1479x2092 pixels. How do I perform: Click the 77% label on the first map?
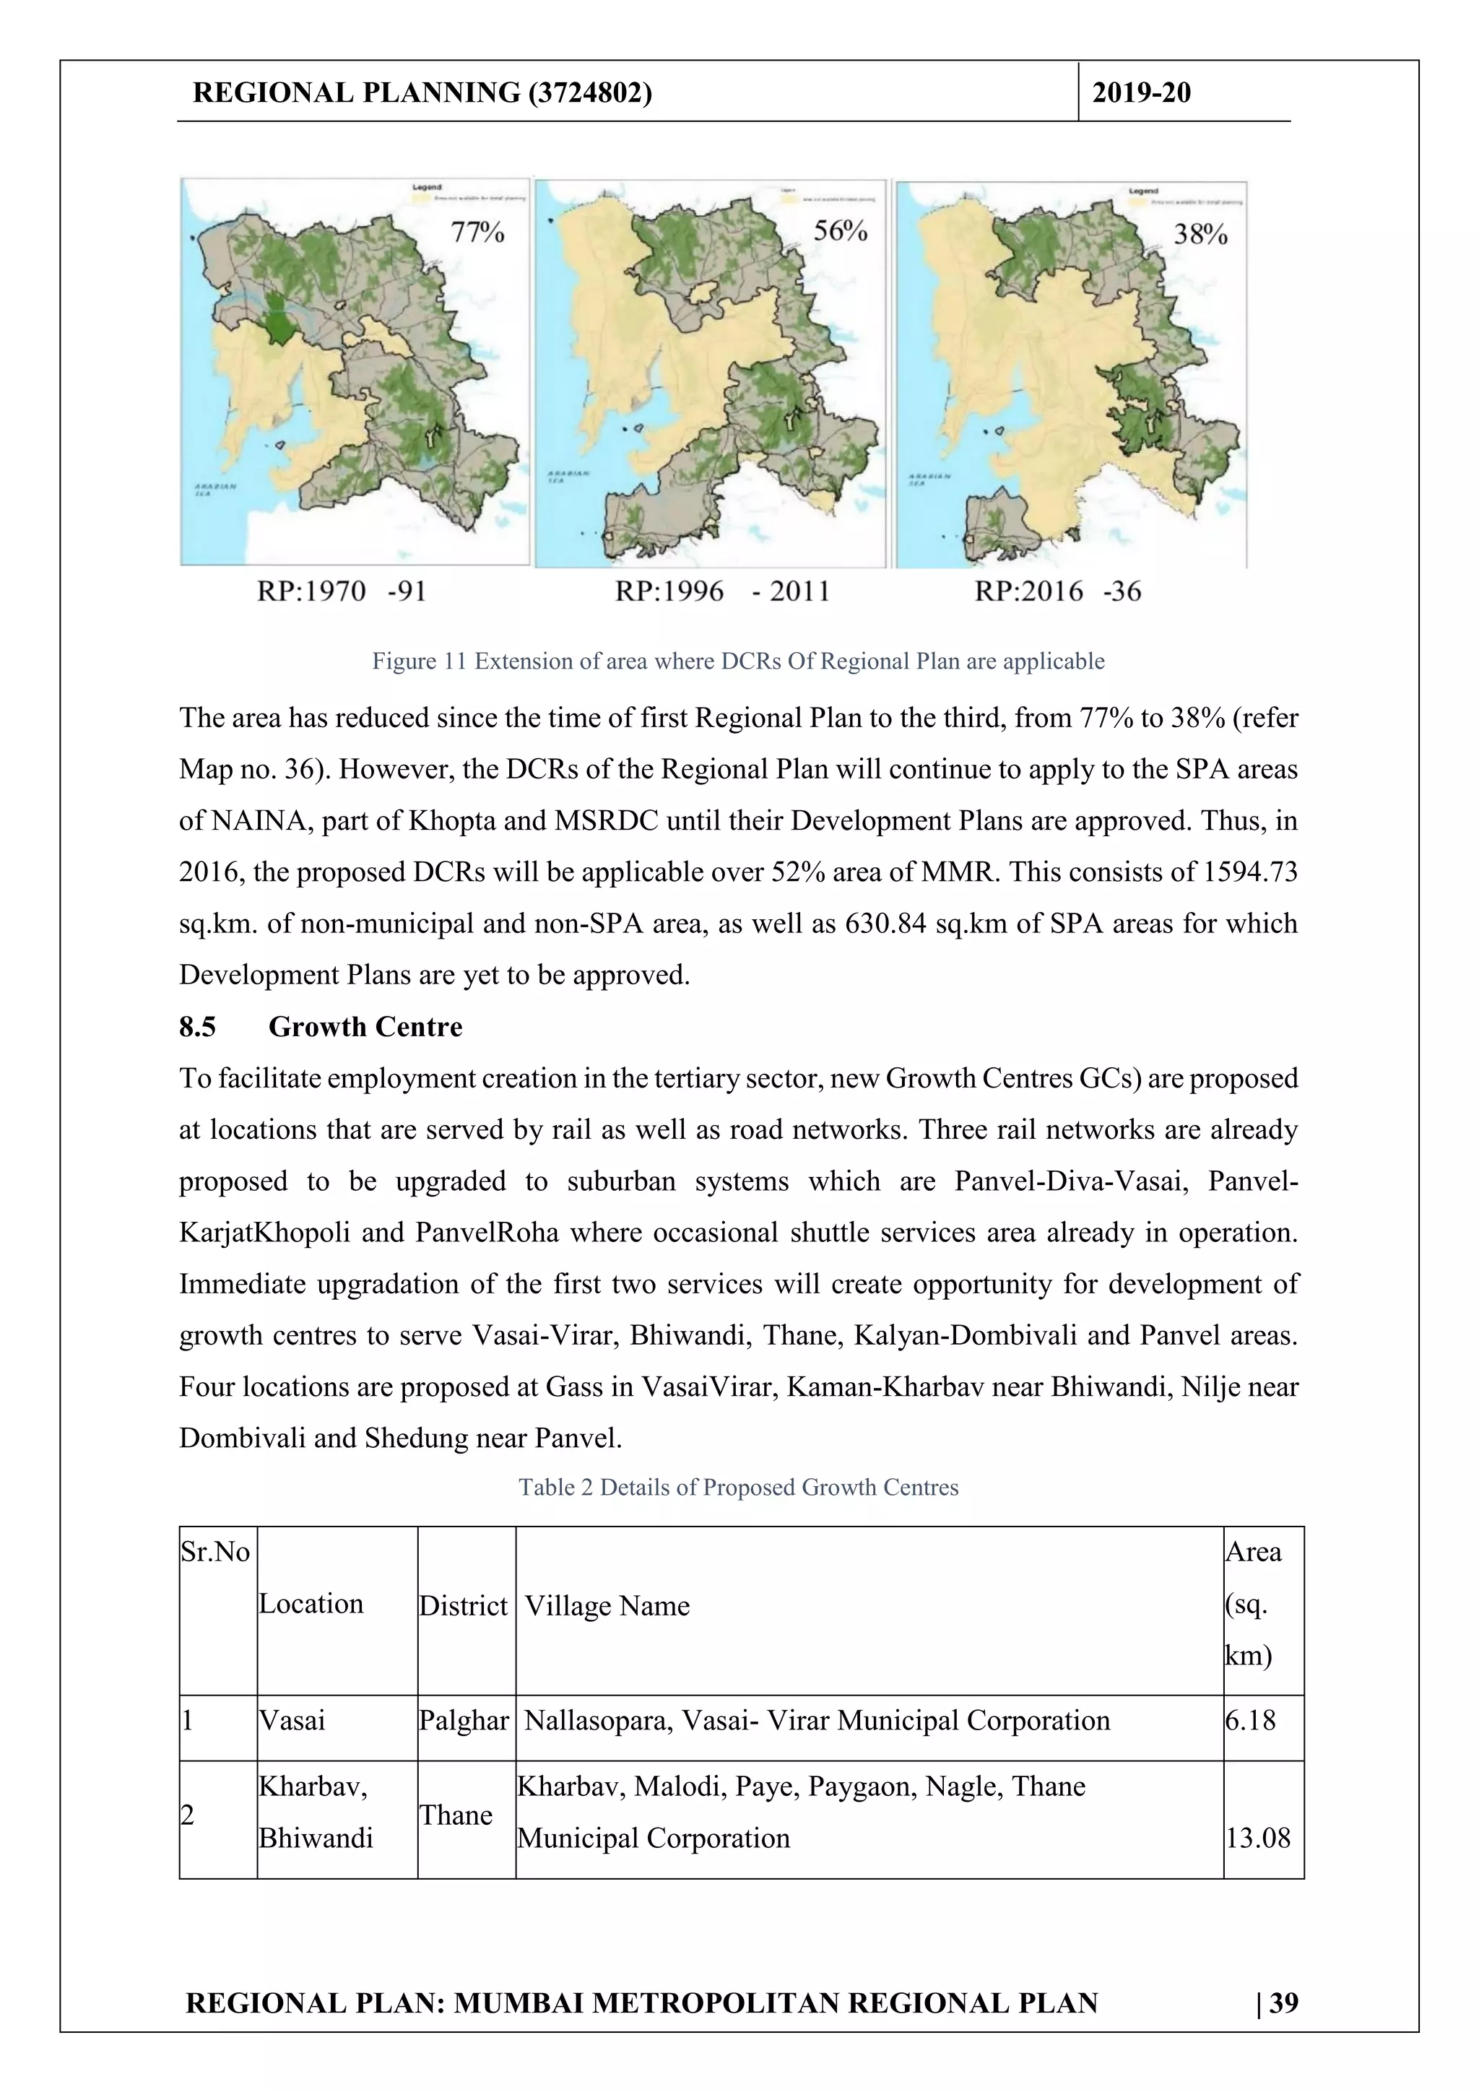point(477,233)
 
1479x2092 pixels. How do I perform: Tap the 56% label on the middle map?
point(839,230)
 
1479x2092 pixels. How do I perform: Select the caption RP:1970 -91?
point(342,591)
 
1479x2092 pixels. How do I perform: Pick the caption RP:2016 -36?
point(1057,591)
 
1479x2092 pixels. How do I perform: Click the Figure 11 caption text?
point(738,661)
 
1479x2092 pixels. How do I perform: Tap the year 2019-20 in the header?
point(1141,93)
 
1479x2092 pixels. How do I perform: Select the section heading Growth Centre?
point(365,1027)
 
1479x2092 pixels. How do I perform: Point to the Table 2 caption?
point(738,1487)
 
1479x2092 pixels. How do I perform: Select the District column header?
point(463,1605)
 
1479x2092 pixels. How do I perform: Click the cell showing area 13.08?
point(1257,1838)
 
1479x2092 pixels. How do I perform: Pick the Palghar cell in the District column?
point(463,1720)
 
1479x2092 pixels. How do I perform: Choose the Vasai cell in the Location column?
point(292,1720)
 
